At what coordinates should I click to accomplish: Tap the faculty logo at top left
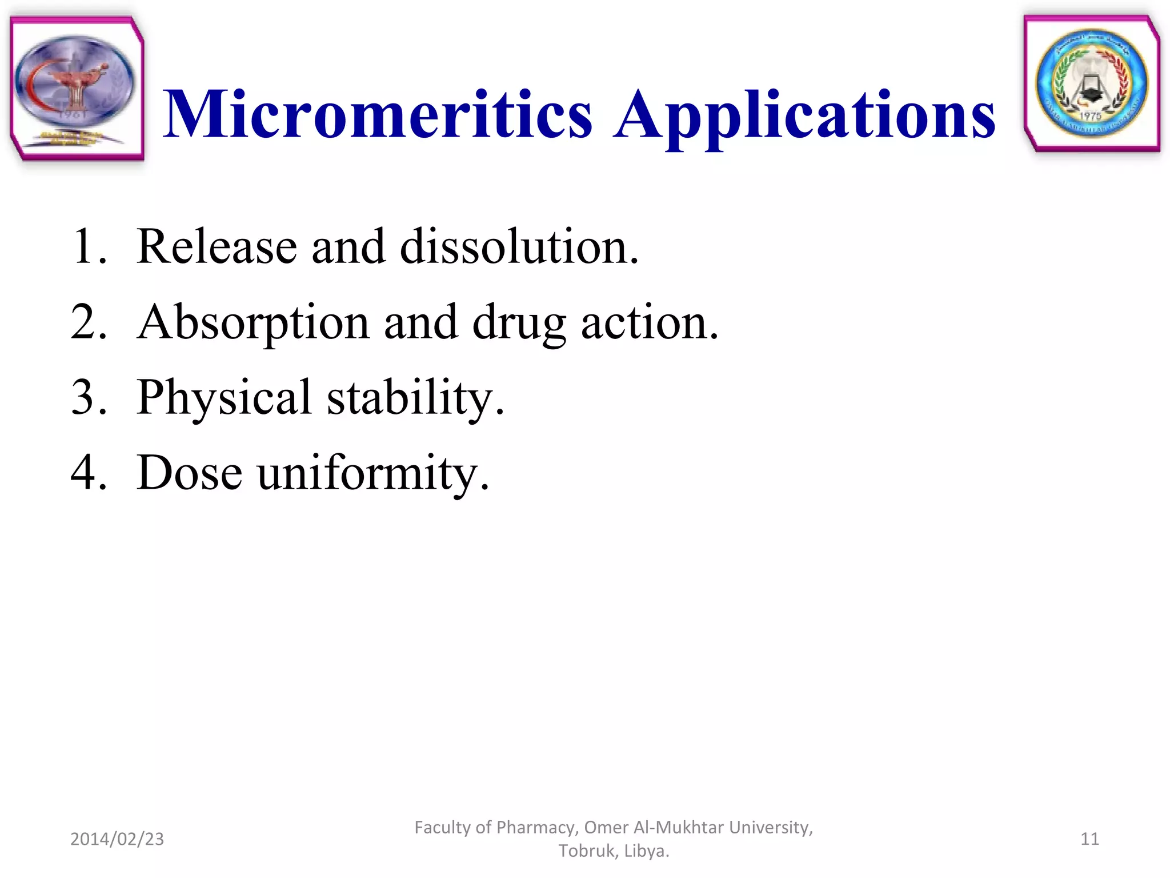(x=77, y=88)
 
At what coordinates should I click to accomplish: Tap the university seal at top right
(x=1092, y=83)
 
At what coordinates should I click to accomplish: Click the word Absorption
(x=253, y=324)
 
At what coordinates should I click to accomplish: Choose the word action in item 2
(x=649, y=322)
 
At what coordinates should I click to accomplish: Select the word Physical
(x=224, y=398)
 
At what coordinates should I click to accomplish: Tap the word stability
(x=415, y=398)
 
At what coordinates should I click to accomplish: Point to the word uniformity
(x=373, y=474)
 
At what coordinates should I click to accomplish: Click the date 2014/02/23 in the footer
(x=117, y=839)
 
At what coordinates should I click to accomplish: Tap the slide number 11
(x=1089, y=839)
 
